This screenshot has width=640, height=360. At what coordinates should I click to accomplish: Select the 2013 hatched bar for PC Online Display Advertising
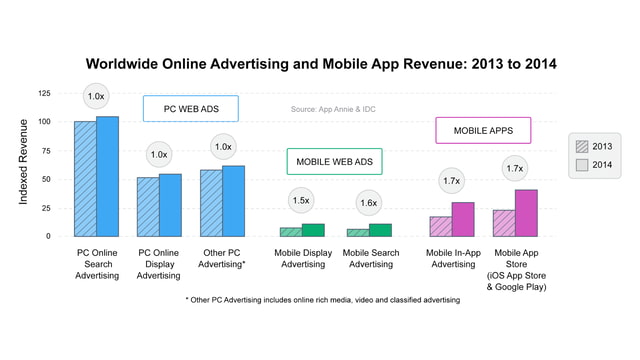[147, 207]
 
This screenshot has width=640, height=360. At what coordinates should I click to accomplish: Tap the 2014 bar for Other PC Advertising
[233, 201]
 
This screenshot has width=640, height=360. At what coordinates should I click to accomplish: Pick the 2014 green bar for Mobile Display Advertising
[313, 230]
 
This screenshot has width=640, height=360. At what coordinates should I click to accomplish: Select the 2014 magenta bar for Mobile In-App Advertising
[462, 219]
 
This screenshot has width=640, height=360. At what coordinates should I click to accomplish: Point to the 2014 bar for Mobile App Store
[526, 213]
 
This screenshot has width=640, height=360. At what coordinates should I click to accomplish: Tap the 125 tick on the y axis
[43, 93]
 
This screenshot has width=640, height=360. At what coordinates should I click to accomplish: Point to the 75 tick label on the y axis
[45, 151]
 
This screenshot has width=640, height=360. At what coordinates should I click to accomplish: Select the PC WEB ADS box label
[190, 108]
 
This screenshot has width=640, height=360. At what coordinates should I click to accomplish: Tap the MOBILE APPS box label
[482, 130]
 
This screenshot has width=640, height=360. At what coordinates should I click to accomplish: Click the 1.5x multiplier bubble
[300, 200]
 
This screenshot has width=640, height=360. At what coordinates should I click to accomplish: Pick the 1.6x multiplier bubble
[368, 203]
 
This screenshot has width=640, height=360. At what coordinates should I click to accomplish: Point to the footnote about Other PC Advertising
[322, 300]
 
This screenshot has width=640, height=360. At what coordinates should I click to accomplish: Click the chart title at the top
[321, 64]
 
